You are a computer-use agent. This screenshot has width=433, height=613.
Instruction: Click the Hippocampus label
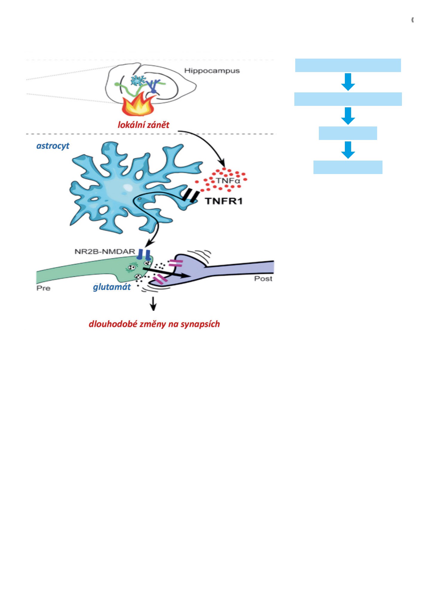212,71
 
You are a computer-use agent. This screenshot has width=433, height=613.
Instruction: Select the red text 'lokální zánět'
143,125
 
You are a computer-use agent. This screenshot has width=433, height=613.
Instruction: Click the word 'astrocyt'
53,146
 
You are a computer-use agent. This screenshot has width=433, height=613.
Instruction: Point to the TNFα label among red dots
228,181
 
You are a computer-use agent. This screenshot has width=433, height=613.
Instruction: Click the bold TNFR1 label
224,201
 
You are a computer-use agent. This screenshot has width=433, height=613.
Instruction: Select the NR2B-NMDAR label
105,251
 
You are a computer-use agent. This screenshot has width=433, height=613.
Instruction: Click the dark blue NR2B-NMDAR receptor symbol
144,254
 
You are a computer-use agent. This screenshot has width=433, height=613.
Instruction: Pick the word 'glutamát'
112,287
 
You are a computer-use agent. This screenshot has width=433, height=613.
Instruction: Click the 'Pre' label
43,288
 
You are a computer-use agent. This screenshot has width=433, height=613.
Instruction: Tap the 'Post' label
263,279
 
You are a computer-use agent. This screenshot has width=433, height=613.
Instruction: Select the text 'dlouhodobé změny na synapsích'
154,324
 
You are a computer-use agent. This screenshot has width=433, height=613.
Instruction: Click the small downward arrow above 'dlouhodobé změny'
153,304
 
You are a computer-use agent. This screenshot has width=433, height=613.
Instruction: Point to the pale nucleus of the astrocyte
128,188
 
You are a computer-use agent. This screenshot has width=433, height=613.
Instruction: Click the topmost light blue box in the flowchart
348,65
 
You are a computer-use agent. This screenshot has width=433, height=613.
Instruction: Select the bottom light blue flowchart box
348,167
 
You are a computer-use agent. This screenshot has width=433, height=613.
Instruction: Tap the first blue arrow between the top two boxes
348,82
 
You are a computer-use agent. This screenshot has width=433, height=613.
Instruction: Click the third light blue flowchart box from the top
348,133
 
